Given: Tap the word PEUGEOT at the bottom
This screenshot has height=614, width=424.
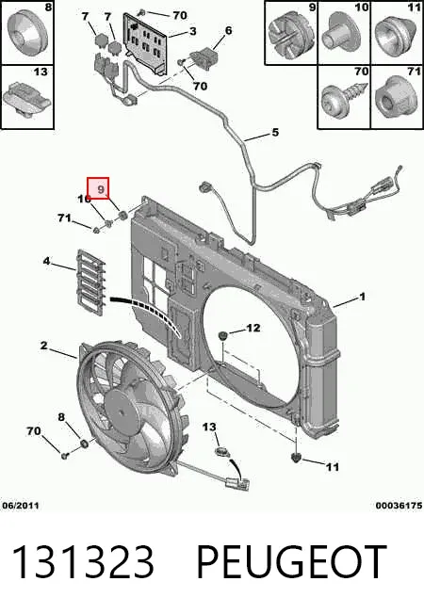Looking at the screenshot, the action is click(291, 562).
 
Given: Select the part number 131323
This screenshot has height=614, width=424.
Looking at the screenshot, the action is click(83, 562).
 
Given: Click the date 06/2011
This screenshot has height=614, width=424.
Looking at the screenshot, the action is click(21, 506).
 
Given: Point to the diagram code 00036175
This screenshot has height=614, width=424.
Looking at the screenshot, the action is click(399, 506).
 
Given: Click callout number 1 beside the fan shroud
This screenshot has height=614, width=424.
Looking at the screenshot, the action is click(363, 297).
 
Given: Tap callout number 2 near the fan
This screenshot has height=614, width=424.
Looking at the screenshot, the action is click(44, 346).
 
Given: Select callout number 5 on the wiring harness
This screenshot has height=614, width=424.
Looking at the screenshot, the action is click(275, 133).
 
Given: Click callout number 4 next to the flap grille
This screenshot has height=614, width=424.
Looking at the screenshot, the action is click(46, 261).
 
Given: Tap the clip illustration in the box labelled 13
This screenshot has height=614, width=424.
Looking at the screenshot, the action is click(26, 98).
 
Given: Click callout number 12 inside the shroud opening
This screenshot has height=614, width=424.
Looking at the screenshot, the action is click(253, 328).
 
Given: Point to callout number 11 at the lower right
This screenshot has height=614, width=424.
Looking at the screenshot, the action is click(333, 466).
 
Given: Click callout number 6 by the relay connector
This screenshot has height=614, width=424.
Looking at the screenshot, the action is click(228, 30).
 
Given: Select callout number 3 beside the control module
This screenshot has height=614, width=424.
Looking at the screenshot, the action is click(192, 31).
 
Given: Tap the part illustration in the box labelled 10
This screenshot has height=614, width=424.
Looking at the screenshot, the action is click(341, 33).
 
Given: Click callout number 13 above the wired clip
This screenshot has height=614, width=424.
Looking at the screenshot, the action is click(209, 427).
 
